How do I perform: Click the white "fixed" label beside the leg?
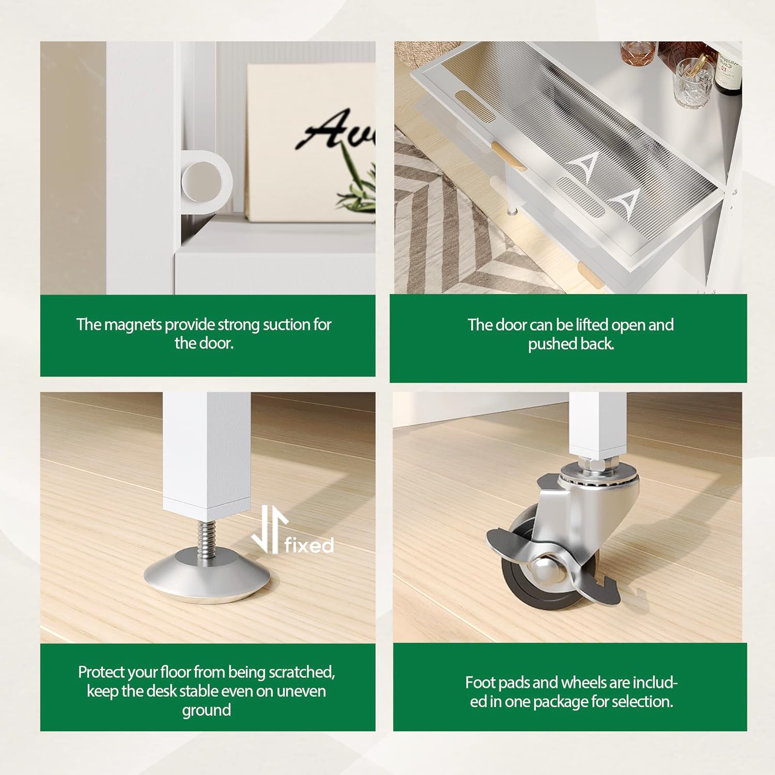(309, 545)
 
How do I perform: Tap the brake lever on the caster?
(553, 568)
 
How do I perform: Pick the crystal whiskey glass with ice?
(692, 83)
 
